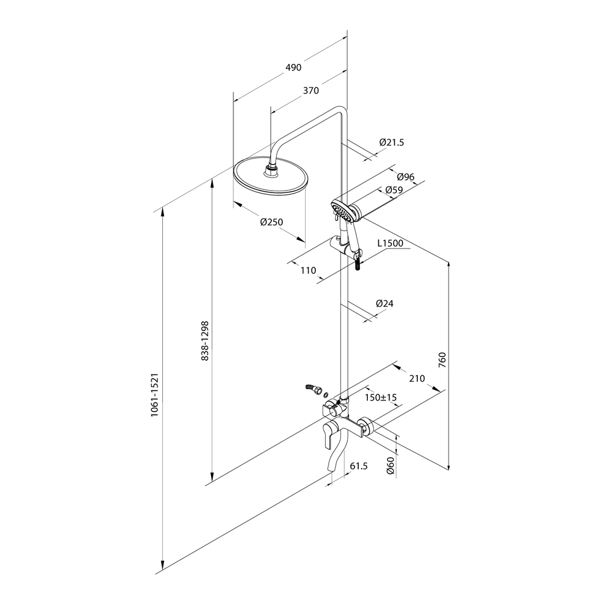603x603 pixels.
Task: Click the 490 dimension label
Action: [x=294, y=68]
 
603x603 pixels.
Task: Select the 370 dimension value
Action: [x=311, y=90]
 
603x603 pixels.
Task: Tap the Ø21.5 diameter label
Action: [x=391, y=142]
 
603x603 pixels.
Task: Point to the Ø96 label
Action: [x=405, y=177]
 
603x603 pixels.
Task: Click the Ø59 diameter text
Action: [x=394, y=190]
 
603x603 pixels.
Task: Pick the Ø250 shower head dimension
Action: [x=271, y=222]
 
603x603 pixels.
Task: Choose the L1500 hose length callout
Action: [x=390, y=243]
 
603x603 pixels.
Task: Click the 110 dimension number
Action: [x=308, y=270]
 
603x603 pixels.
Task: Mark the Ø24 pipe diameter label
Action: [x=385, y=303]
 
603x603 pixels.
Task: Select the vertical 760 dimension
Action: [x=442, y=359]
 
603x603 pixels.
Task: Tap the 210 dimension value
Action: [x=417, y=379]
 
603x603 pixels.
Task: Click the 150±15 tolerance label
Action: [x=380, y=397]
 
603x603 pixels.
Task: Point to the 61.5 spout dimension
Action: [x=359, y=466]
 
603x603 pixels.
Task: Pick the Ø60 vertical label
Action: [x=390, y=466]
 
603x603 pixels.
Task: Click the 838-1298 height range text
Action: [x=205, y=341]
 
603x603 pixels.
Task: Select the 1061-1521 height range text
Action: [x=154, y=395]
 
